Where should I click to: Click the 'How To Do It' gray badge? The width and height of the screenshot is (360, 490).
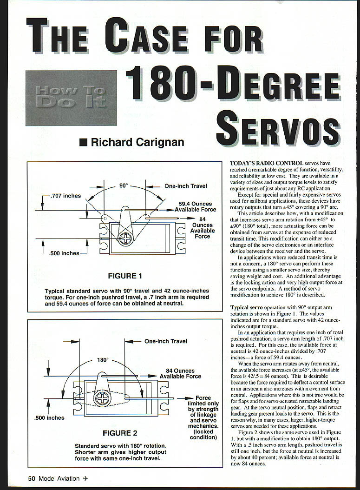pyautogui.click(x=71, y=98)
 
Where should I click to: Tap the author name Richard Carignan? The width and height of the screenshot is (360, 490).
pyautogui.click(x=137, y=142)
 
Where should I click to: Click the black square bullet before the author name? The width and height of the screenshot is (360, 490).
pyautogui.click(x=83, y=143)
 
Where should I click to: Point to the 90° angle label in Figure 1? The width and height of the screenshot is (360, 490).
pyautogui.click(x=124, y=185)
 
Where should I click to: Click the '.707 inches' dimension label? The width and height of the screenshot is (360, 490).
pyautogui.click(x=65, y=196)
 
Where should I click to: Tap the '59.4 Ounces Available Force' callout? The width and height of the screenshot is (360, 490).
pyautogui.click(x=196, y=206)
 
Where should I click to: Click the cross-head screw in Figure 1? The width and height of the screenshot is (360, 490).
pyautogui.click(x=125, y=239)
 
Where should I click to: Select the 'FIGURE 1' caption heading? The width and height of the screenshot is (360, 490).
pyautogui.click(x=125, y=276)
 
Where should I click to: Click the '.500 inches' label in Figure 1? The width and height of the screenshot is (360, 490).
pyautogui.click(x=64, y=253)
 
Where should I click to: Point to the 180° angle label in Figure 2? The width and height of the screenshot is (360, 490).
pyautogui.click(x=102, y=360)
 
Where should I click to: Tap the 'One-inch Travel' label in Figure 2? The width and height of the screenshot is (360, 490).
pyautogui.click(x=166, y=341)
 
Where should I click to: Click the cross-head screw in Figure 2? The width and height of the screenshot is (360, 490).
pyautogui.click(x=102, y=398)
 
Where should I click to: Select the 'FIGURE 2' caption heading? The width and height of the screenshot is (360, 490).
pyautogui.click(x=120, y=433)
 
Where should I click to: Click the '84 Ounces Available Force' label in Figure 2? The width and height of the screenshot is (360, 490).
pyautogui.click(x=180, y=373)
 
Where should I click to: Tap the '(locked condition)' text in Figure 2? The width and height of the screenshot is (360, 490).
pyautogui.click(x=203, y=434)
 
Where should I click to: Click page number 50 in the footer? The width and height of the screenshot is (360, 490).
pyautogui.click(x=32, y=478)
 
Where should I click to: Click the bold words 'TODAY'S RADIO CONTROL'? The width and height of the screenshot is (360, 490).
pyautogui.click(x=267, y=163)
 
